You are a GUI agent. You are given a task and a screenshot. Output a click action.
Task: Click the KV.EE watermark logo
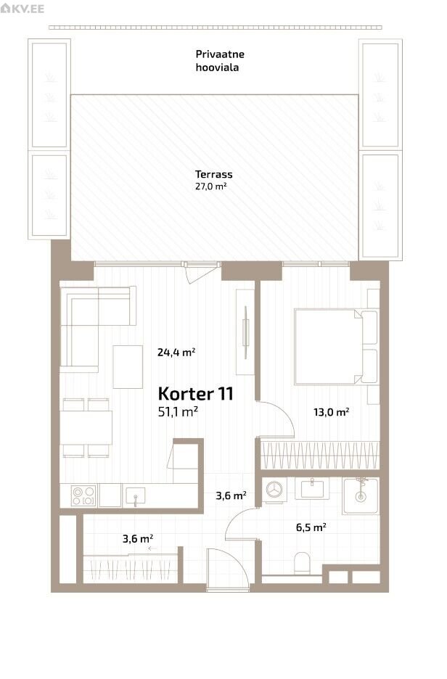pos(22,8)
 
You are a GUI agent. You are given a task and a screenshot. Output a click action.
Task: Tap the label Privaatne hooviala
pos(220,61)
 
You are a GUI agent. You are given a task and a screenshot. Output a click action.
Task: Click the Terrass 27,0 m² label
pos(213,180)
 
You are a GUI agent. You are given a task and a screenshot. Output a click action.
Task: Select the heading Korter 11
pos(195,394)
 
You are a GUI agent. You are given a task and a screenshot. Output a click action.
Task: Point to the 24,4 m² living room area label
pos(176,352)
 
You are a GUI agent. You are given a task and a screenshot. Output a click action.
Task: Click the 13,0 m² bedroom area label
pos(332,412)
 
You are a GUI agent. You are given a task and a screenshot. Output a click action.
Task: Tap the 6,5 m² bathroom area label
pos(311,527)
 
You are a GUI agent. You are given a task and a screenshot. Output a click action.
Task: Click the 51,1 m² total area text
pos(178,411)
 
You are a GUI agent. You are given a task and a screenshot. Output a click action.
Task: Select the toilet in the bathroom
pos(302,564)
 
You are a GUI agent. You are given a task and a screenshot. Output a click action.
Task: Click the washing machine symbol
pos(274,490)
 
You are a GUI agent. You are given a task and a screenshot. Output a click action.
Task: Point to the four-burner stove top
pos(83,495)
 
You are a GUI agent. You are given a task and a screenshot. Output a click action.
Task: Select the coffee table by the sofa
pos(128,367)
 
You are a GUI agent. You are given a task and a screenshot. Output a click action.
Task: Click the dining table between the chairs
pos(86,428)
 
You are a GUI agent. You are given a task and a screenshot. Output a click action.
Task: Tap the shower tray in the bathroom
pos(361,495)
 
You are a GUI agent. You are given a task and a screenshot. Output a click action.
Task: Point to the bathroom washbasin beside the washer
pos(312,488)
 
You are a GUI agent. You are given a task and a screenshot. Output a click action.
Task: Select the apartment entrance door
pos(228,568)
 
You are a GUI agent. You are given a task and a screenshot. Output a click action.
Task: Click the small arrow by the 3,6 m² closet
pos(152,548)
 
